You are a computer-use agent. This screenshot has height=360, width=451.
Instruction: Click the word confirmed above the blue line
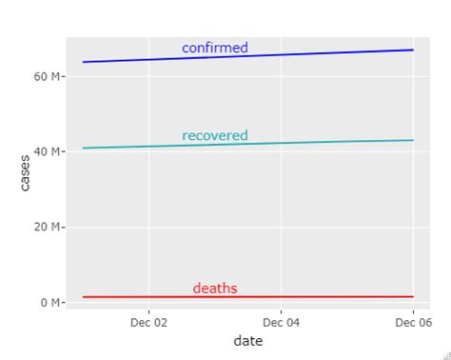click(x=215, y=48)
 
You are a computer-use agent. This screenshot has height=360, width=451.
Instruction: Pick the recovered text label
click(x=215, y=135)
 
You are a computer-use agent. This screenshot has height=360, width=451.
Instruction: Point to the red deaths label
click(x=215, y=288)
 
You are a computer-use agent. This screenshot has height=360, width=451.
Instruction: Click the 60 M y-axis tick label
click(x=48, y=75)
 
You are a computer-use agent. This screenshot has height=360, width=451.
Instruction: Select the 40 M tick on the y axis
click(x=48, y=151)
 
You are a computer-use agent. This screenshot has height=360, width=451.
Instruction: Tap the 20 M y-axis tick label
click(x=48, y=227)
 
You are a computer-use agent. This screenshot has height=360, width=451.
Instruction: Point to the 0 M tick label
click(x=50, y=303)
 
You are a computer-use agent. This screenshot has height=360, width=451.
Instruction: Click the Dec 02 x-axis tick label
click(x=148, y=323)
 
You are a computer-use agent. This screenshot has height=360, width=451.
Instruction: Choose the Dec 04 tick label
click(x=281, y=323)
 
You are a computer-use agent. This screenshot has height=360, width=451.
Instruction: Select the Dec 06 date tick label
click(x=412, y=323)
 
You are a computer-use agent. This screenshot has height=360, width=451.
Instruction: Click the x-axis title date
click(x=247, y=341)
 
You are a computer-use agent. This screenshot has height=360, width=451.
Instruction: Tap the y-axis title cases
click(x=25, y=172)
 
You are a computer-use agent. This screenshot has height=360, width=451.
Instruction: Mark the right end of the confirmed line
click(x=413, y=50)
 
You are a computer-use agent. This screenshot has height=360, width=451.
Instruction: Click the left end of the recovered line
click(x=84, y=148)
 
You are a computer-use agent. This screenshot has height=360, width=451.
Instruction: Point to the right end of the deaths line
click(x=413, y=297)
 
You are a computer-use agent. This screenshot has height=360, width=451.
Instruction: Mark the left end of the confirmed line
click(x=84, y=62)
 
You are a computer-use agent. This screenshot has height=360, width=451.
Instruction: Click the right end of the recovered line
click(x=413, y=140)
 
